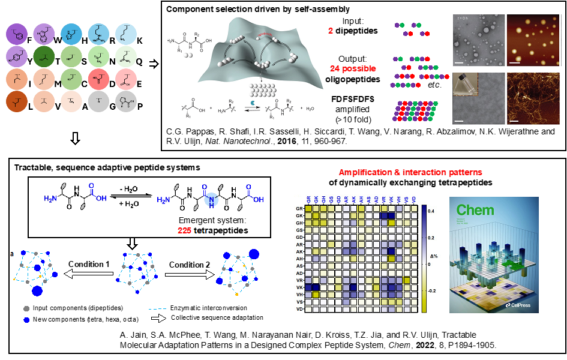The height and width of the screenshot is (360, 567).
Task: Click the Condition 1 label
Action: coord(89,265)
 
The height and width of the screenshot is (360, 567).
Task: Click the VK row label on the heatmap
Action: coord(299,287)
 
